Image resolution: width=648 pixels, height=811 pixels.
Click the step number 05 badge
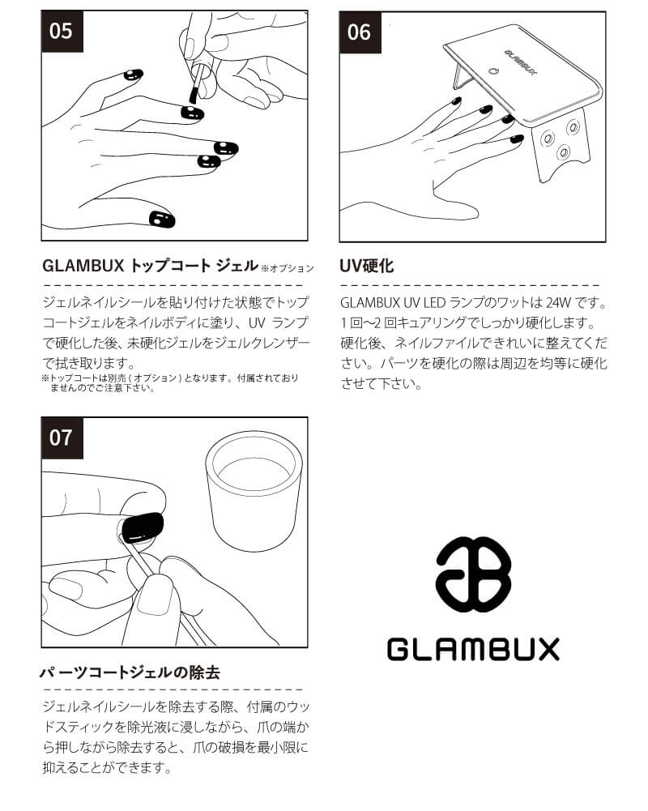point(61,31)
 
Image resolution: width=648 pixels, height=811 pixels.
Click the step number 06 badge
point(359,31)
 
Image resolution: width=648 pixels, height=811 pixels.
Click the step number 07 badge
point(61,438)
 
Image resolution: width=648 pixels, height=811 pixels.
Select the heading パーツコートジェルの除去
point(130,672)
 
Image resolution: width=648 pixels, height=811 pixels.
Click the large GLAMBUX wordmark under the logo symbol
point(473,649)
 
